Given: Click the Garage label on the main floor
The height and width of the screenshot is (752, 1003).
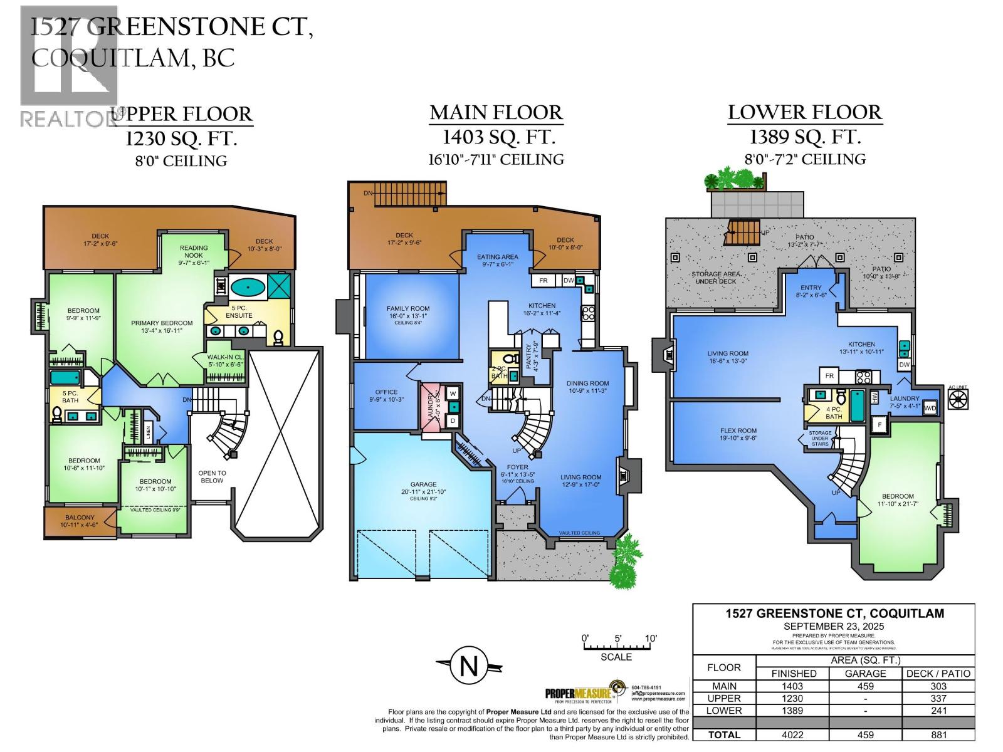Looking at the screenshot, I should click(424, 484).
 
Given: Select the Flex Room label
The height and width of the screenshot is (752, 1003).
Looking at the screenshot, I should click(738, 431).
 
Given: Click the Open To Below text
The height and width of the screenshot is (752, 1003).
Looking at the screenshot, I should click(212, 477).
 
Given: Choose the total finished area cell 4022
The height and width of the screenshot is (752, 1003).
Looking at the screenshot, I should click(792, 735).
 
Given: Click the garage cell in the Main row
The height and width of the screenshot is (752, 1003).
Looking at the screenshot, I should click(865, 686).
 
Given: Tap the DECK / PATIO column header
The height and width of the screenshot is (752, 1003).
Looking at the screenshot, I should click(938, 674).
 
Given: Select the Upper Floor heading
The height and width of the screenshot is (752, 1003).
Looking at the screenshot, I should click(182, 114).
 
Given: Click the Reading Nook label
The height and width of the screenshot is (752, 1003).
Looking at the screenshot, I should click(194, 251).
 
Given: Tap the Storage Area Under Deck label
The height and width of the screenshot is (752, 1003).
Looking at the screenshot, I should click(716, 278).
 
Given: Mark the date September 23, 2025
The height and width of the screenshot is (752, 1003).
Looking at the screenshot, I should click(834, 626).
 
